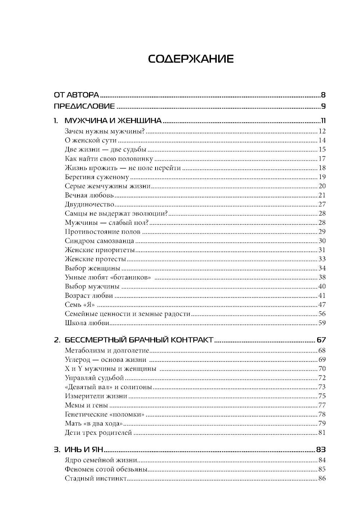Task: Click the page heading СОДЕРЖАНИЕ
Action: coord(191,59)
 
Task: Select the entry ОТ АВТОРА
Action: coord(76,95)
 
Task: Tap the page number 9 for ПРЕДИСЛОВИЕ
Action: coord(323,106)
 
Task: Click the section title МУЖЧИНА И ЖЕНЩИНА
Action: coord(113,121)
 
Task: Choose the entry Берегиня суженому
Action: coord(97,177)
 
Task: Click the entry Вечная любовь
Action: coord(89,195)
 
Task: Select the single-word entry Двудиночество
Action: coord(90,204)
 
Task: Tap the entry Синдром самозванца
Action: coord(100,241)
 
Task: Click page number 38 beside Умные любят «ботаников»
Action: coord(322,277)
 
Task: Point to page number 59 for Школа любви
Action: coord(322,323)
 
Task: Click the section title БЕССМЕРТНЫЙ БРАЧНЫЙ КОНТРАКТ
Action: coord(139,340)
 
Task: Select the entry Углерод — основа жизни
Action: coord(105,360)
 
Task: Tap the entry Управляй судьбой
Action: coord(95,378)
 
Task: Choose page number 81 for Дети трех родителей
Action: coord(322,433)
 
